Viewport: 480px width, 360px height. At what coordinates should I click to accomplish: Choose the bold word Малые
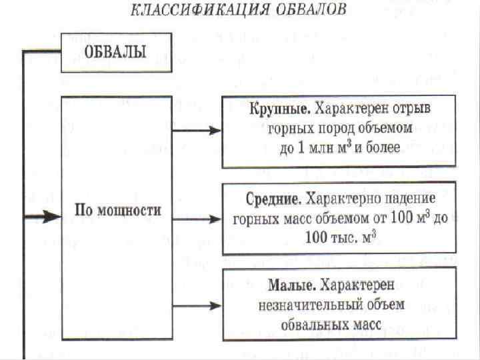[291, 285]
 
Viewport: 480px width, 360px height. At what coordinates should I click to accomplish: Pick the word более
[382, 148]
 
